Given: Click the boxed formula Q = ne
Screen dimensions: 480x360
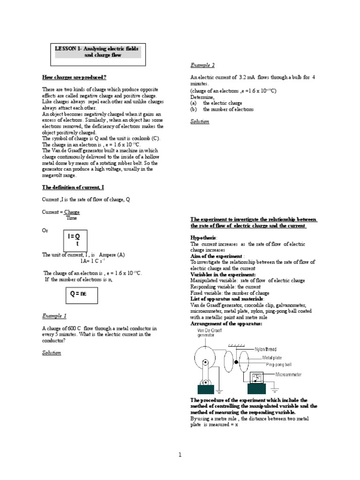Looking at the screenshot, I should tap(78, 294).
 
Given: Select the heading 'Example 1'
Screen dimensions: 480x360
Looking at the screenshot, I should tap(54, 316).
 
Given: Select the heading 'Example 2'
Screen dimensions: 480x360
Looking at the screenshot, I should tap(202, 65).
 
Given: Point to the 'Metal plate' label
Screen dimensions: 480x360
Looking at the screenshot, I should tap(274, 357).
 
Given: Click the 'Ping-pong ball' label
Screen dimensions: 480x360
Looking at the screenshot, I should tap(278, 364).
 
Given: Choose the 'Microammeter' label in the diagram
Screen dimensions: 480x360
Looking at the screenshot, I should tap(288, 375).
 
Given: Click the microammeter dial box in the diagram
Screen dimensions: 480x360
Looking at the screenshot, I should tap(257, 378).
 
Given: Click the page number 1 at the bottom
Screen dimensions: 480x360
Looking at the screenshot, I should tap(180, 454).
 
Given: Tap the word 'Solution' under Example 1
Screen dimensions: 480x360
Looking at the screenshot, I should tap(52, 352).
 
